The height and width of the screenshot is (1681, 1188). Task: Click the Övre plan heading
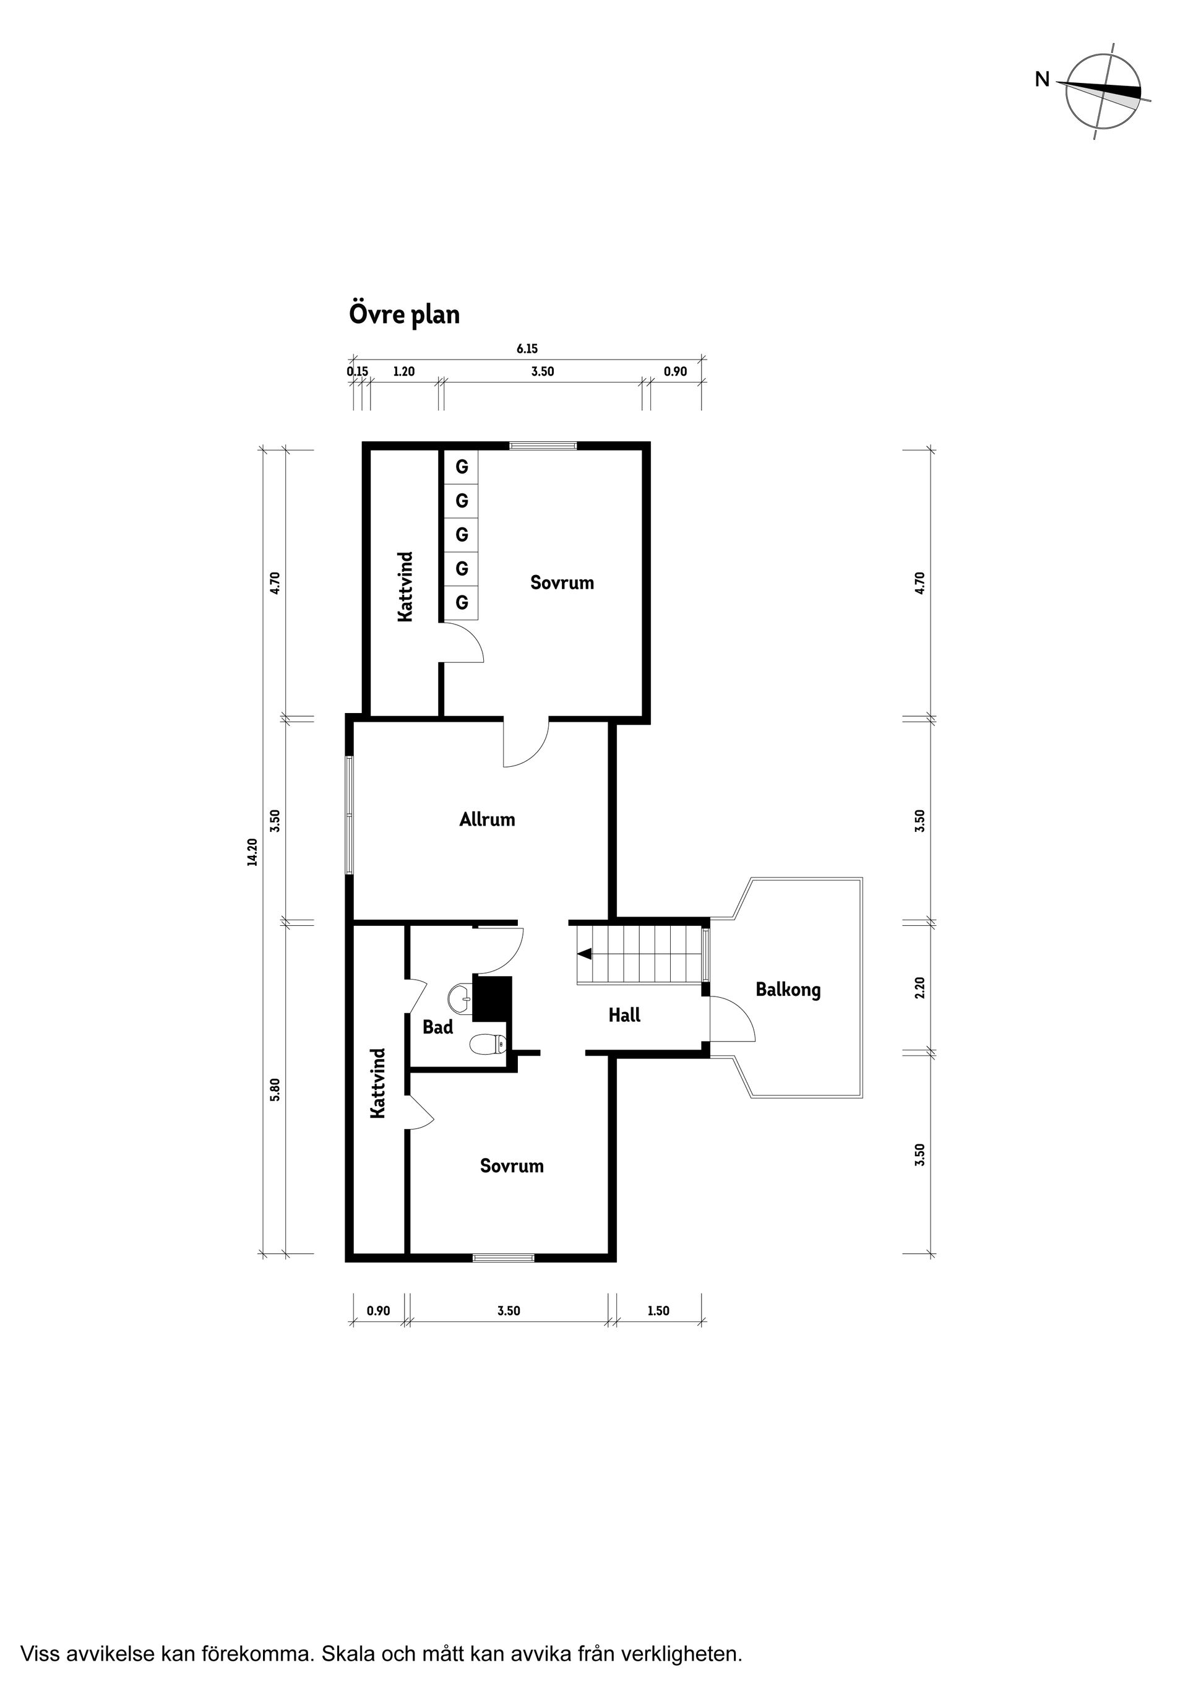tap(404, 315)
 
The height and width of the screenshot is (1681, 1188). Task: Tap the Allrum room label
tap(487, 819)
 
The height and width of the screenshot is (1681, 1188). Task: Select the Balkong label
tap(788, 990)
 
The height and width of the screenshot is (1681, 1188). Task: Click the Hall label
tap(624, 1015)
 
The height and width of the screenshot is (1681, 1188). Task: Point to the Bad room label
tap(437, 1027)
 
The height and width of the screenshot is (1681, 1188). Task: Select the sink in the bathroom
tap(460, 997)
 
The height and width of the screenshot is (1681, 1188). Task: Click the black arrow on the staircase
tap(584, 954)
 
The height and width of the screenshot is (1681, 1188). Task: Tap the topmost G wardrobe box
tap(461, 467)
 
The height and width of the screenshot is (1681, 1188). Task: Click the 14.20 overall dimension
tap(252, 852)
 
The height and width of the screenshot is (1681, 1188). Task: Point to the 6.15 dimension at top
tap(527, 349)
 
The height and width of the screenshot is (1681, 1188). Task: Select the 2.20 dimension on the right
tap(921, 987)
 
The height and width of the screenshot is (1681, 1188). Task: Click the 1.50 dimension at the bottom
tap(658, 1310)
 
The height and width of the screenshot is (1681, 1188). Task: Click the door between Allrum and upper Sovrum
tap(525, 743)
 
